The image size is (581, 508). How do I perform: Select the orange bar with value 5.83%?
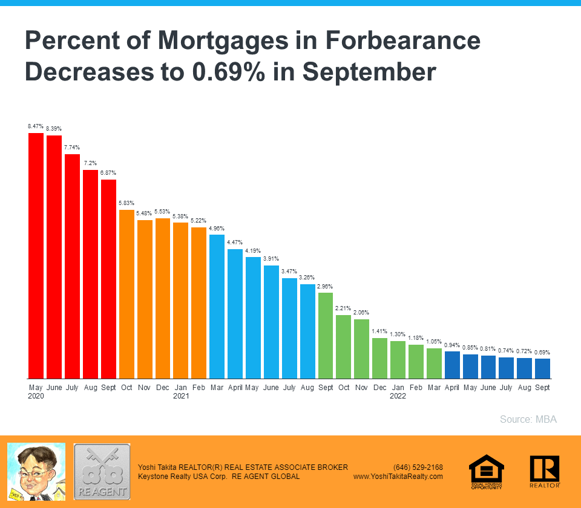(x=126, y=294)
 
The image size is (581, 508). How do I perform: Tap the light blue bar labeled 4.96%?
(x=217, y=306)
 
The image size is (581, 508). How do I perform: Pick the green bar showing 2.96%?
(x=326, y=335)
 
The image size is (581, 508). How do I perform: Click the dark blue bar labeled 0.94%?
(x=452, y=365)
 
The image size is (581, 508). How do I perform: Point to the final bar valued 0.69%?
(x=543, y=368)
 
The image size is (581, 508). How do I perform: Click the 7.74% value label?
(x=72, y=148)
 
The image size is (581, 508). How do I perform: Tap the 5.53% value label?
(x=163, y=212)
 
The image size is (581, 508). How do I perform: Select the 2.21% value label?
(x=343, y=308)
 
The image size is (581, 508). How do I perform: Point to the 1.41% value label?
(x=379, y=331)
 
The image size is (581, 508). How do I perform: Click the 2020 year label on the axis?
(x=36, y=397)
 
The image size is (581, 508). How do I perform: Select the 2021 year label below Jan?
(x=181, y=397)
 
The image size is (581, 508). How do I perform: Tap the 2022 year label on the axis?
(x=398, y=397)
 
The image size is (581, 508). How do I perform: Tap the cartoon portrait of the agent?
(x=36, y=472)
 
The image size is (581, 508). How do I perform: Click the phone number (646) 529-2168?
(x=418, y=467)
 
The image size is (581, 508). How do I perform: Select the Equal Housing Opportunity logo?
(x=487, y=472)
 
